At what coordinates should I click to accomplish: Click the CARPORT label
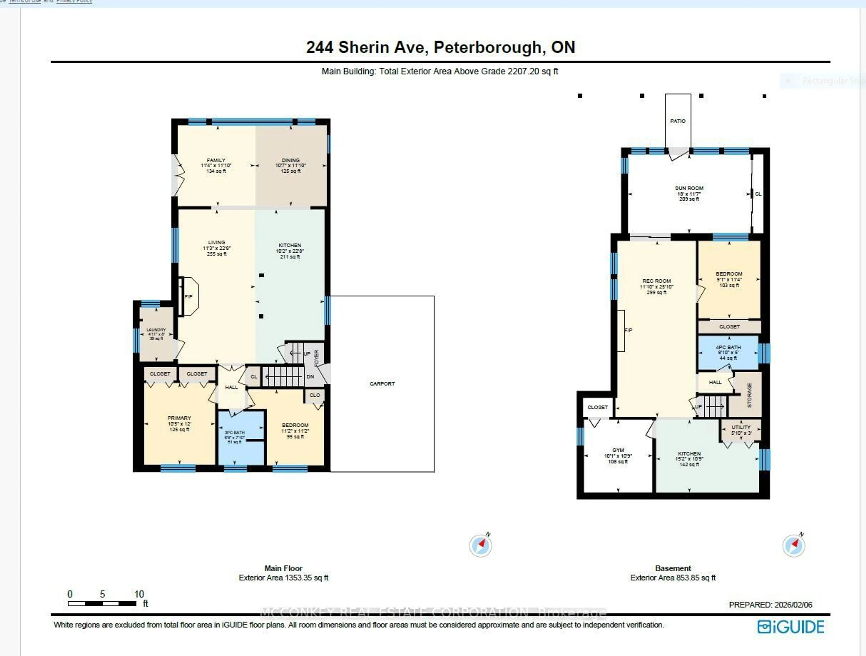[x=382, y=383]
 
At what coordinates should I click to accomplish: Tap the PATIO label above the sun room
[x=678, y=121]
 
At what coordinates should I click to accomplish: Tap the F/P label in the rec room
[x=628, y=330]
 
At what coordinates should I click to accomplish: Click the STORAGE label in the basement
[x=749, y=395]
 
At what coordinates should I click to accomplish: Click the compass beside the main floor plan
[x=480, y=545]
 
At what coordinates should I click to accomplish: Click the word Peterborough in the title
[x=487, y=47]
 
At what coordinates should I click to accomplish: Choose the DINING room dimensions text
[x=290, y=166]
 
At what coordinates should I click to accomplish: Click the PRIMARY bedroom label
[x=179, y=418]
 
